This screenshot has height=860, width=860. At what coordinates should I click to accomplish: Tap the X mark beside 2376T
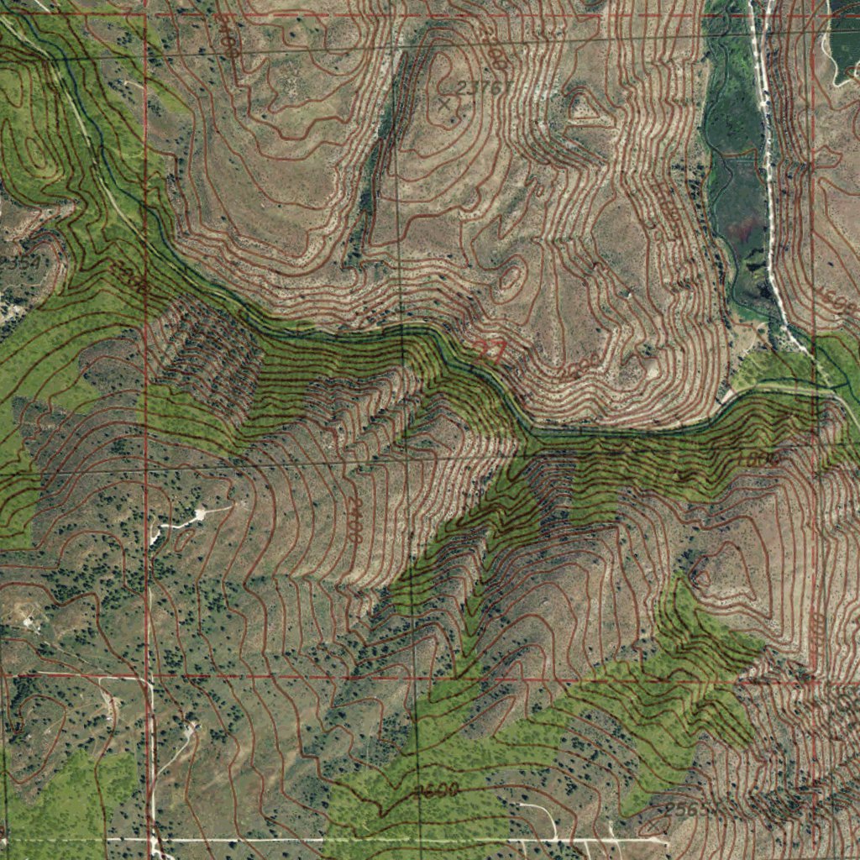pos(445,103)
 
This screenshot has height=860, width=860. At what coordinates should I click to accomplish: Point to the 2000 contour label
pos(579,366)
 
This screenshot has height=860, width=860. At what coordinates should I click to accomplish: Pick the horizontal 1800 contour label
pos(760,459)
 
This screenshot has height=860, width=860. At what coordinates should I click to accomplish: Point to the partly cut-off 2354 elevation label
pos(18,262)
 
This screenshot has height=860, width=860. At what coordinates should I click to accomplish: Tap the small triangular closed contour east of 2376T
pos(582,106)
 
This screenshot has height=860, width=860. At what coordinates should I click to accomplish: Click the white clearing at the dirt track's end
pos(199,513)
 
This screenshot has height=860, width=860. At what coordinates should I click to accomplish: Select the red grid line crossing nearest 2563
pos(815,681)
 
